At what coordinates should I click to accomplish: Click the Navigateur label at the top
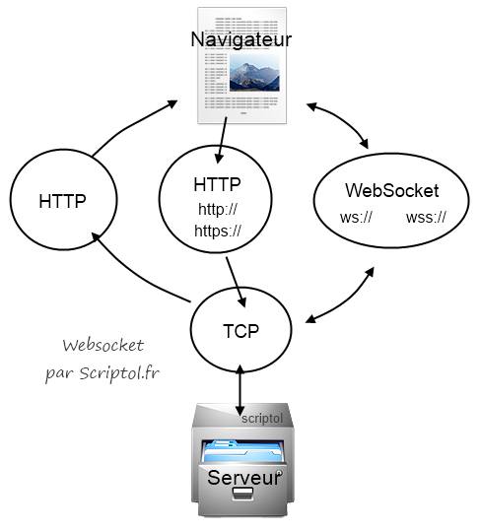(x=240, y=39)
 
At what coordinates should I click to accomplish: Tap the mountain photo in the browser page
(x=254, y=73)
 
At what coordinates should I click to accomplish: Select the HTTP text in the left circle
(x=62, y=201)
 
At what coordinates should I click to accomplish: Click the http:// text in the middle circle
(x=218, y=209)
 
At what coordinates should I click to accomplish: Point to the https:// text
(x=218, y=231)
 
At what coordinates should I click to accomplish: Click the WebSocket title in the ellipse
(x=391, y=190)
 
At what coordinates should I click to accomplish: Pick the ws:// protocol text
(x=356, y=217)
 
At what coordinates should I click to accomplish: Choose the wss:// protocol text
(x=426, y=217)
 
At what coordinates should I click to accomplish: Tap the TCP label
(x=241, y=331)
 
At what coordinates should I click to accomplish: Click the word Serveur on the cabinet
(x=244, y=478)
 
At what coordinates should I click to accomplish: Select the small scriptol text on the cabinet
(x=262, y=419)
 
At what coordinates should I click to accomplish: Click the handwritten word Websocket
(x=103, y=346)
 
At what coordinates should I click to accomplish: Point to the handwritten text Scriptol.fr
(x=119, y=372)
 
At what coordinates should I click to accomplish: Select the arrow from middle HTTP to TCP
(x=237, y=283)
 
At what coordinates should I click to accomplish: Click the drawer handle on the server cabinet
(x=243, y=494)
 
